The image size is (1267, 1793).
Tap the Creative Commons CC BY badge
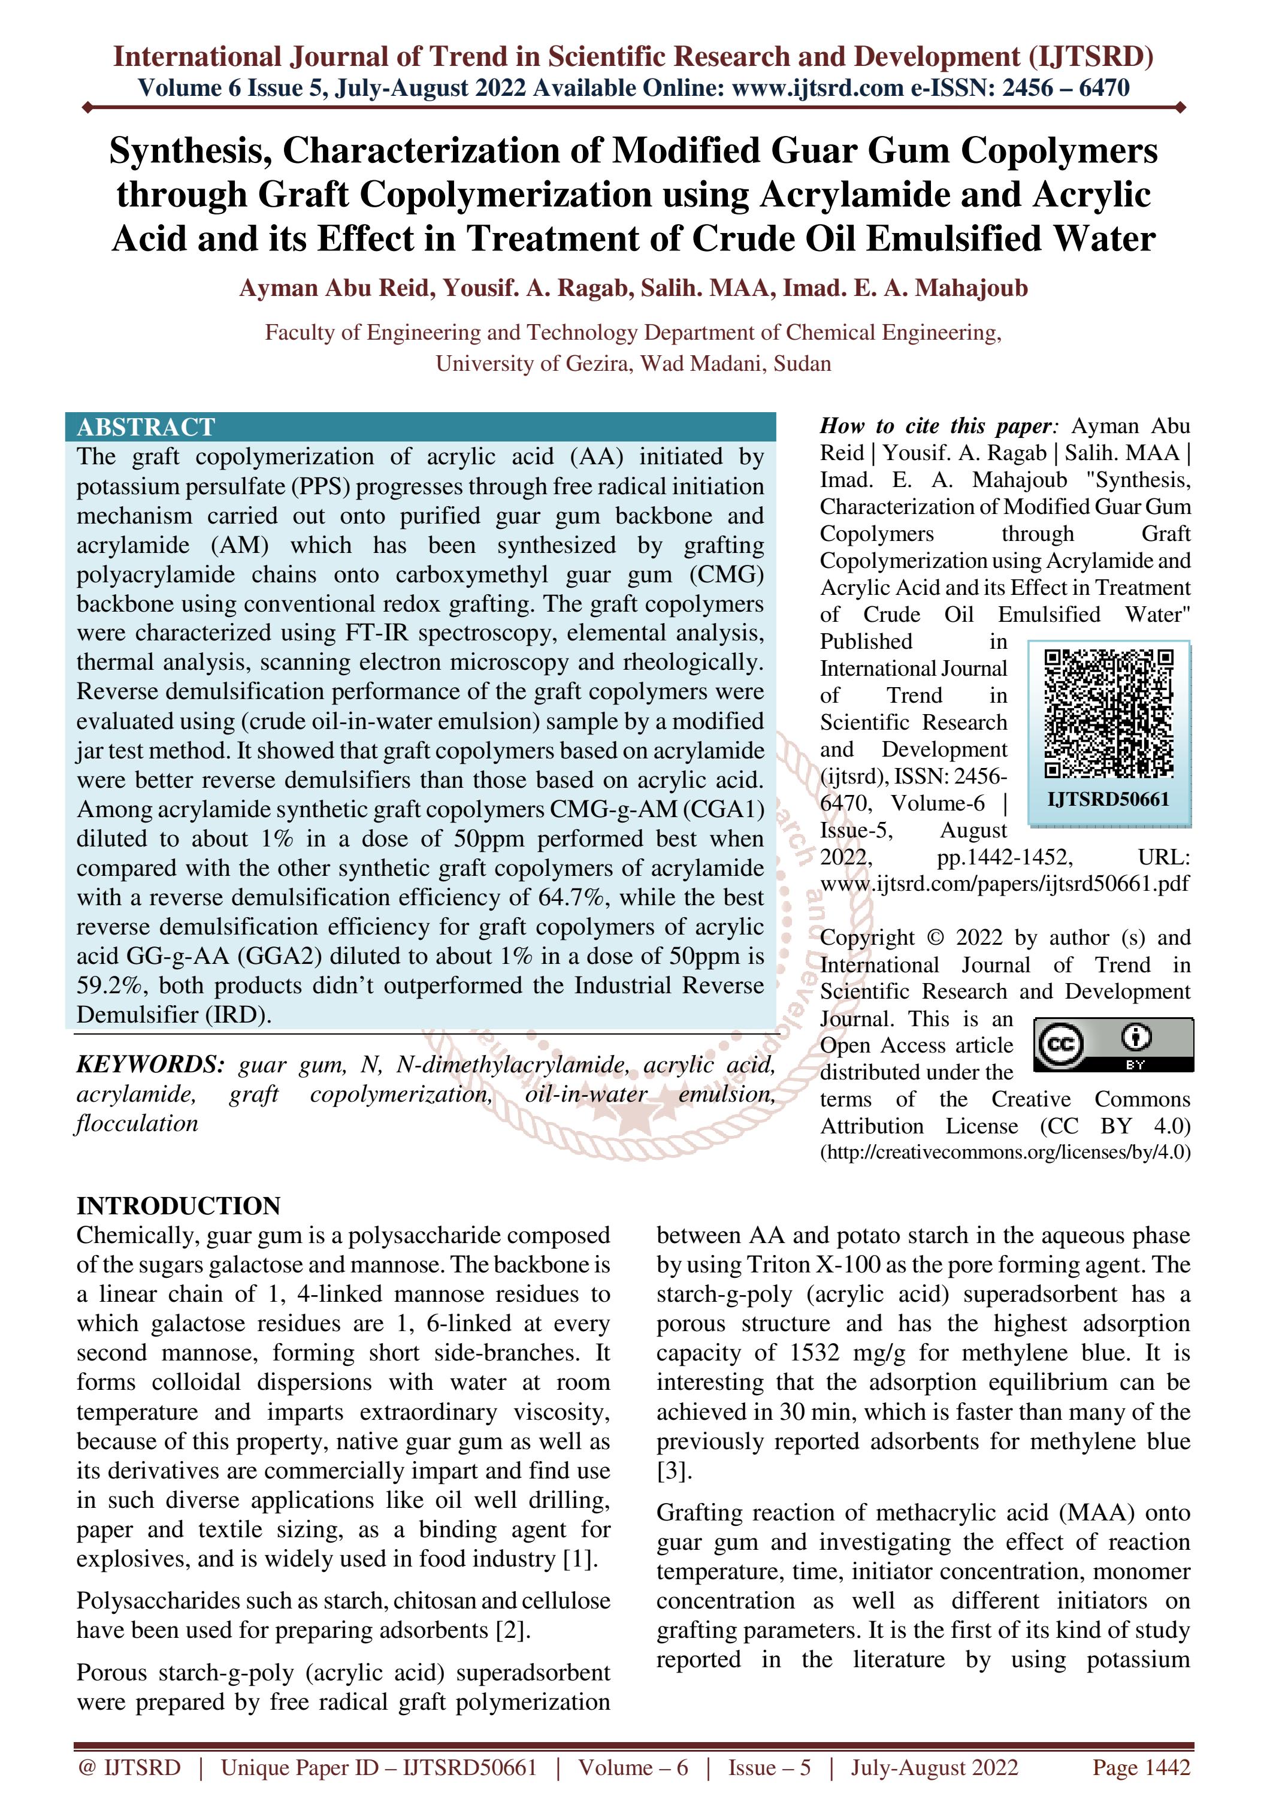point(1113,1045)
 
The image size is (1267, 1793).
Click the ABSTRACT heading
point(146,427)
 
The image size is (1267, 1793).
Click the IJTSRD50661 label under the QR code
point(1108,799)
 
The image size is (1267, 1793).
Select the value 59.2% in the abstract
point(110,985)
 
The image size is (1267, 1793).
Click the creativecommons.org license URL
point(1005,1153)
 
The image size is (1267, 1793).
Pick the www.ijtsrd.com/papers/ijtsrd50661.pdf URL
point(1005,884)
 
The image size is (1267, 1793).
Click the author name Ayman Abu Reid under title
point(334,288)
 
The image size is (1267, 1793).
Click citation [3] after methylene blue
point(674,1471)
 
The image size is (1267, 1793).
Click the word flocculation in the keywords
point(137,1124)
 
